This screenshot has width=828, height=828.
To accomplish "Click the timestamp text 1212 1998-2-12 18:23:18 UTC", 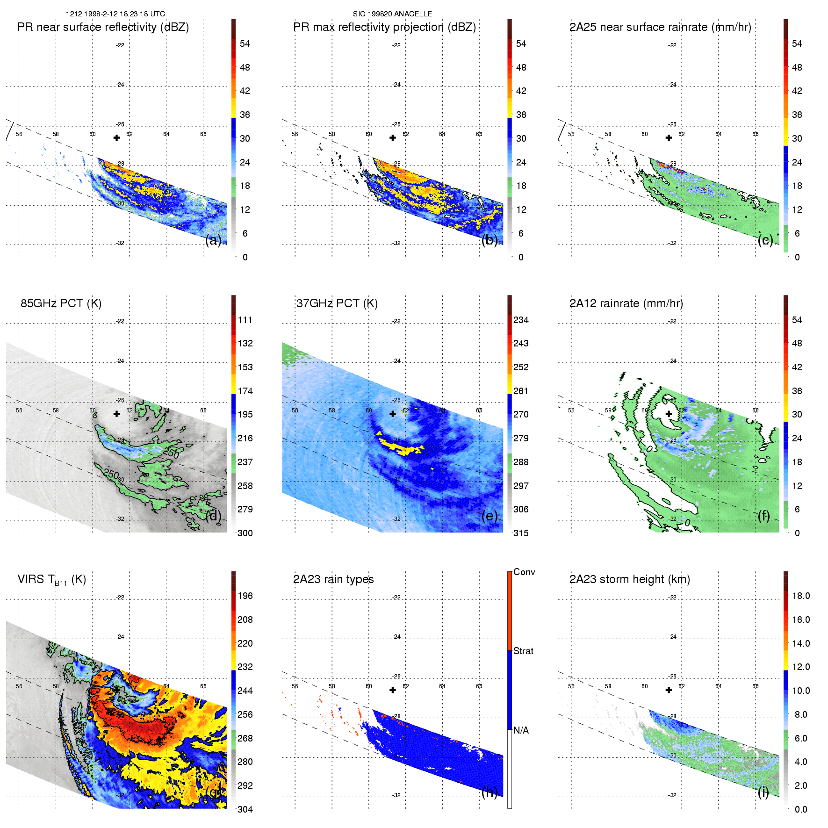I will (115, 14).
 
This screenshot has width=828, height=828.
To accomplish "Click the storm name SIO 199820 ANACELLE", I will (392, 14).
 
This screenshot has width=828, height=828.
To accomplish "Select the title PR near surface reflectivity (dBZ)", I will (103, 27).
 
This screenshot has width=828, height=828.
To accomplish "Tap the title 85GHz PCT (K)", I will (61, 303).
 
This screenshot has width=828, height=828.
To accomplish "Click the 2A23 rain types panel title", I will (333, 579).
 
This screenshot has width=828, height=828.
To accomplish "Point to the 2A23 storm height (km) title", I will (629, 579).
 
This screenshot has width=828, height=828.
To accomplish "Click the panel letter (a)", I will (213, 240).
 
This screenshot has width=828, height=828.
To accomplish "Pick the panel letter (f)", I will (764, 516).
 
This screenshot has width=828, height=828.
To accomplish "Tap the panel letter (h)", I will (489, 792).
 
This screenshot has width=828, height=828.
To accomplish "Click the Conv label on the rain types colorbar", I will (524, 572).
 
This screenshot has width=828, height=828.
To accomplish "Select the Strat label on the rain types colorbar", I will (523, 651).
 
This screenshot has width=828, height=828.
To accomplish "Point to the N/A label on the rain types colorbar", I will (521, 730).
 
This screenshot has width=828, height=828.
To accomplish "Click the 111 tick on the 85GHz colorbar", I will (245, 320).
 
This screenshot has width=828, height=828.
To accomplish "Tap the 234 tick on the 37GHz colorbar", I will (521, 320).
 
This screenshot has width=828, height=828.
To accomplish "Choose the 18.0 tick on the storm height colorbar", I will (801, 596).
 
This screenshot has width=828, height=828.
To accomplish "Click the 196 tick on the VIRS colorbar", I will (245, 596).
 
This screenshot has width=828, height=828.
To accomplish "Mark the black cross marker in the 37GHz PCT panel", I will (393, 414).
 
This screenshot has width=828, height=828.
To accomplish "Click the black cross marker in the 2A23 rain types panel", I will (393, 690).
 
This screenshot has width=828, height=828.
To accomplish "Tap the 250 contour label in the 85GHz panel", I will (112, 474).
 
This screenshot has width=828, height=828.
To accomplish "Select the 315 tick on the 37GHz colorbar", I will (521, 533).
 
